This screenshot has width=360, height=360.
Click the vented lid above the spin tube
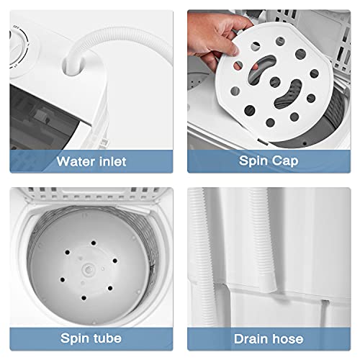pyautogui.click(x=94, y=198)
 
